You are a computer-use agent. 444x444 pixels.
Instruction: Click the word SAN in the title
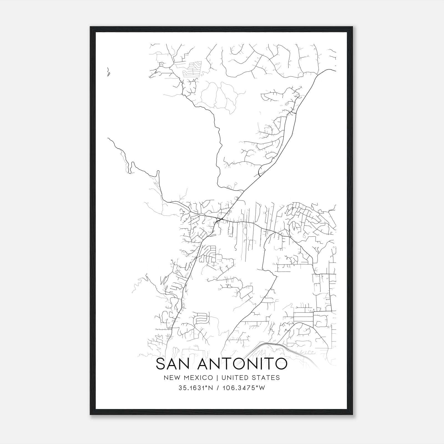click(174, 364)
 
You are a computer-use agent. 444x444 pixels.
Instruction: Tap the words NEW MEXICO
click(188, 378)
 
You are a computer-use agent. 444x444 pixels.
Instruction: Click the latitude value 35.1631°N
click(196, 388)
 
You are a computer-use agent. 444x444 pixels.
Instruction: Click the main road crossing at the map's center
click(220, 220)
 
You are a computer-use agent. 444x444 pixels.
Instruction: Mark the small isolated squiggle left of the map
click(108, 72)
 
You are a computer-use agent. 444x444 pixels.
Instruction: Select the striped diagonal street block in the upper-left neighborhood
click(191, 69)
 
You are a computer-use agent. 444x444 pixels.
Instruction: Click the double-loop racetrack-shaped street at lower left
click(202, 319)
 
